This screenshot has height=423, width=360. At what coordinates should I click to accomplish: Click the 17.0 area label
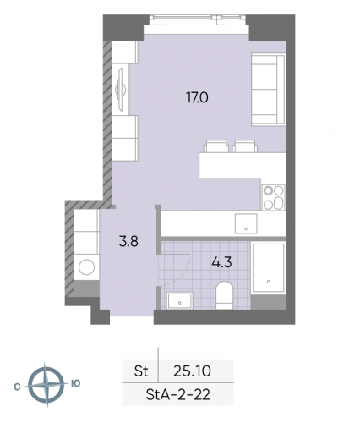(x=198, y=97)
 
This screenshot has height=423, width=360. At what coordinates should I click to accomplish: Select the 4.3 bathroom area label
(x=222, y=262)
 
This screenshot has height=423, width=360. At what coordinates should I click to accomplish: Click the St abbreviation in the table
(x=141, y=370)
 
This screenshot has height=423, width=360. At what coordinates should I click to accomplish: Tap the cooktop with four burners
(x=273, y=197)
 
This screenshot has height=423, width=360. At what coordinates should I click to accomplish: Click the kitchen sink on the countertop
(x=243, y=223)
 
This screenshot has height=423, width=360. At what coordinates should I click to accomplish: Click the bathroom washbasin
(x=180, y=299)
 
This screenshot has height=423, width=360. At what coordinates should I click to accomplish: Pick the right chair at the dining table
(x=243, y=145)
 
